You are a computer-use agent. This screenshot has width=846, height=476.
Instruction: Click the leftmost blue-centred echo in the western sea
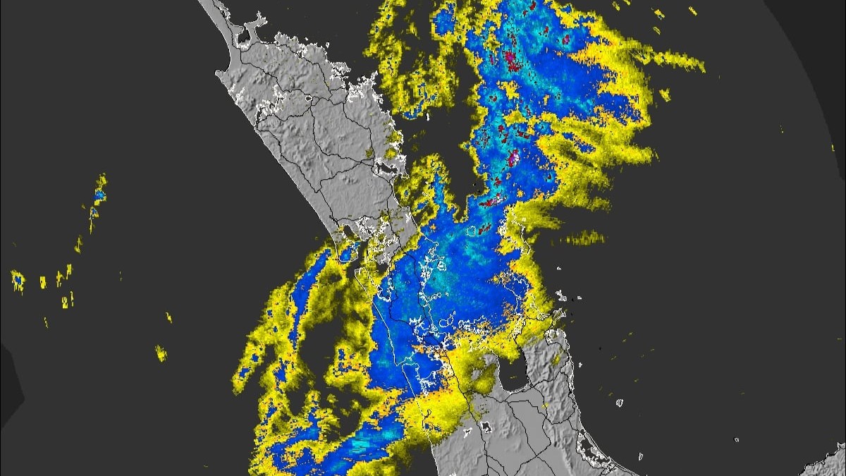tap(18, 280)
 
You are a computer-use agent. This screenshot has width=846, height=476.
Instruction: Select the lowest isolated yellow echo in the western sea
tap(161, 353)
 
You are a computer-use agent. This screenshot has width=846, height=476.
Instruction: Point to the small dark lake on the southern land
tap(486, 427)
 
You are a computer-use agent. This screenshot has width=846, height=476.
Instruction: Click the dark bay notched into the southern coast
tap(513, 374)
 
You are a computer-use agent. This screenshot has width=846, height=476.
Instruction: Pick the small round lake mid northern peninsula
tap(308, 99)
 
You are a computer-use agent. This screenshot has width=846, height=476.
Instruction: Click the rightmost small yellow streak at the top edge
tap(693, 11)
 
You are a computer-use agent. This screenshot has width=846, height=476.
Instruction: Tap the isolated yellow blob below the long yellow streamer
tap(663, 94)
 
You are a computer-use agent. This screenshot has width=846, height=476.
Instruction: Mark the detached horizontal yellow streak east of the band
tap(584, 238)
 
